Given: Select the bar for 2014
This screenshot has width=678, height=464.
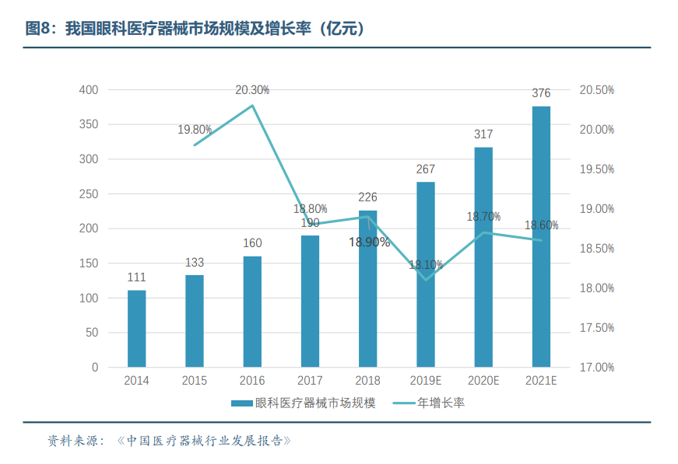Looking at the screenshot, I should [136, 328].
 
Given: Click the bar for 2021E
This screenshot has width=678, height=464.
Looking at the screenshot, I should [541, 236].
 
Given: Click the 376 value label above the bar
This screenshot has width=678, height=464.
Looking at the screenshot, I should [541, 93].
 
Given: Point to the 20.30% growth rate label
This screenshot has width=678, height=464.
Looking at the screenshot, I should [252, 90].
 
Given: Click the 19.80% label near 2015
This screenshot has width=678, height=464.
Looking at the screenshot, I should [195, 130].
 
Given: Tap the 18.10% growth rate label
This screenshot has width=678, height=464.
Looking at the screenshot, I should [426, 264].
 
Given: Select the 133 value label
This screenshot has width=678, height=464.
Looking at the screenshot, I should [195, 263].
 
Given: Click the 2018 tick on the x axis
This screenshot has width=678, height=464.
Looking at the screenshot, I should [367, 381].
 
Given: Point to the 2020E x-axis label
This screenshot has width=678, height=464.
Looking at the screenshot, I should [483, 381].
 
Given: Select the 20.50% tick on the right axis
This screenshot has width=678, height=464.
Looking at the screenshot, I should [597, 90].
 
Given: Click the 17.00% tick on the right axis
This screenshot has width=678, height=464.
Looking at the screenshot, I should [597, 367].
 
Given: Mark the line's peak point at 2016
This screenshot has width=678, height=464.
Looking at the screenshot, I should [252, 106].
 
